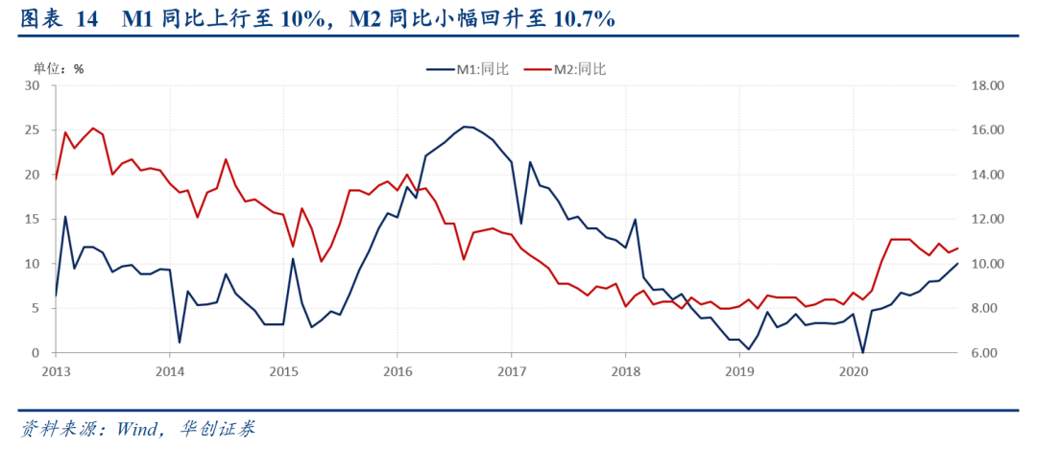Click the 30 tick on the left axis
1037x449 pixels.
point(33,85)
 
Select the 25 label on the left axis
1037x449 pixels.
point(33,130)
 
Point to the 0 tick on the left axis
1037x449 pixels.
point(36,353)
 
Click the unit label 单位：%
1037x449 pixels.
point(59,68)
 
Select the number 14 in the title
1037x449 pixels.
point(85,18)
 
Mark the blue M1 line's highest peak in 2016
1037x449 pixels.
point(464,127)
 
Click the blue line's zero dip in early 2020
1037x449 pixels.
point(862,352)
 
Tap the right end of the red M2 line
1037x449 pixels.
point(957,248)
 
